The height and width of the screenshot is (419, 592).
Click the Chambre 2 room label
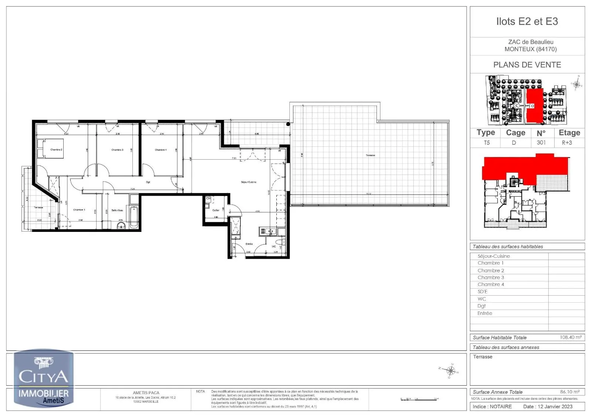tap(56, 150)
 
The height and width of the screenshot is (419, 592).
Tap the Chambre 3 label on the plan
tap(117, 150)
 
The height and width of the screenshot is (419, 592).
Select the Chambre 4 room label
tap(161, 150)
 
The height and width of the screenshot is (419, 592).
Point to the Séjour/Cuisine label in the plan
tap(249, 182)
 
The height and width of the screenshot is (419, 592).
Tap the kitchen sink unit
tap(267, 232)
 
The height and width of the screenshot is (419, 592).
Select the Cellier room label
tap(216, 210)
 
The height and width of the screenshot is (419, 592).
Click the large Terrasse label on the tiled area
tap(370, 155)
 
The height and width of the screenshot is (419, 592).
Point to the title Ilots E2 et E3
tap(527, 21)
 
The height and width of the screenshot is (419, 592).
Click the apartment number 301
tap(541, 143)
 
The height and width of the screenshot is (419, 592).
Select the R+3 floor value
tap(567, 143)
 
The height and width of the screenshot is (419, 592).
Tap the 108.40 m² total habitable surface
tap(571, 337)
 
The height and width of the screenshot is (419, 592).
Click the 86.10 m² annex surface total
tap(570, 392)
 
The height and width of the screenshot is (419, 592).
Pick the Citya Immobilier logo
tap(44, 379)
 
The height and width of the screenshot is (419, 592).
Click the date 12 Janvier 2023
tap(548, 406)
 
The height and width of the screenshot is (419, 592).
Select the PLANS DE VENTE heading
tap(527, 65)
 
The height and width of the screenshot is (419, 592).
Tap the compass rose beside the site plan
tap(576, 84)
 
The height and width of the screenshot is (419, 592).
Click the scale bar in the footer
tap(420, 399)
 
